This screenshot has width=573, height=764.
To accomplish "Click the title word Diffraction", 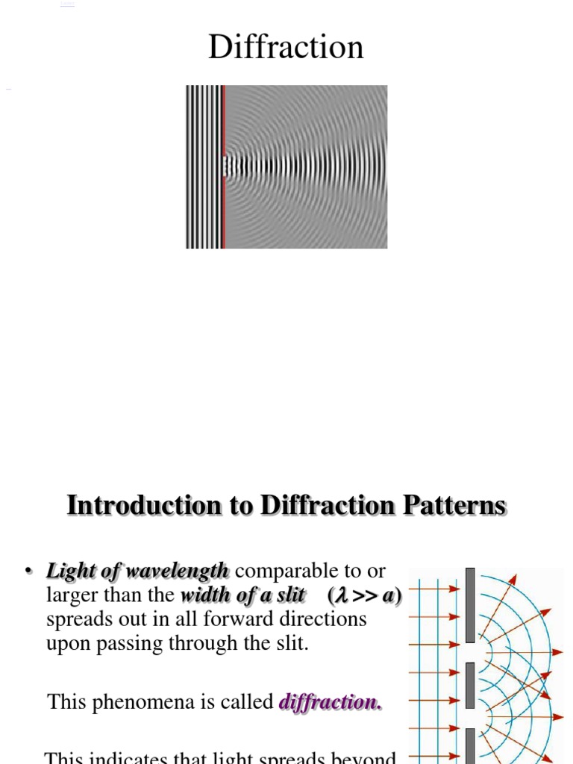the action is (x=286, y=47).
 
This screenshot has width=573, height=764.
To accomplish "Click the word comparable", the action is (x=288, y=572).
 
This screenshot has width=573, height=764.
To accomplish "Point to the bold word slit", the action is (x=290, y=595).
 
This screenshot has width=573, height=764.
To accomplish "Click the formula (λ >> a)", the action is (x=364, y=595).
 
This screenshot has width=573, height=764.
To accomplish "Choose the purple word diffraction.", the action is (x=330, y=702).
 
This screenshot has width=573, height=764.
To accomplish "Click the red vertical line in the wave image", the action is (x=223, y=119).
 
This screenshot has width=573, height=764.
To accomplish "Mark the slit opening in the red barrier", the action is (x=223, y=166).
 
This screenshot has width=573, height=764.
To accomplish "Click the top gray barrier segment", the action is (x=470, y=604).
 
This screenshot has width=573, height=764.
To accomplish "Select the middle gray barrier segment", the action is (x=470, y=685).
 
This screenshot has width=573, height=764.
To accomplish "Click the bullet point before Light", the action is (x=29, y=572).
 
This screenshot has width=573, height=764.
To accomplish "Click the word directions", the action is (x=328, y=619).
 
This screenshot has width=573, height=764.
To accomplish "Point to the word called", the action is (x=250, y=702).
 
